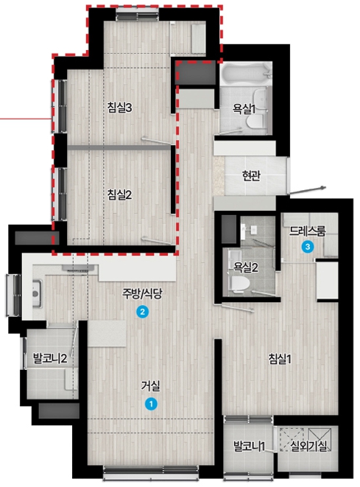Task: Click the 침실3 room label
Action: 119,108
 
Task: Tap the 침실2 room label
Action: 119,195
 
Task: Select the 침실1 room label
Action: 280,359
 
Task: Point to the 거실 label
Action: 150,386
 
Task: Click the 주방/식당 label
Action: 142,293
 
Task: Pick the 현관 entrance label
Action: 251,176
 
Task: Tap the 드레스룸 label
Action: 308,231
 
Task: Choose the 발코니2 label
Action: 50,359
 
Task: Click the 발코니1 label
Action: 250,446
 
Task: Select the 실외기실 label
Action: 308,446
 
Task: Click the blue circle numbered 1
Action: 151,404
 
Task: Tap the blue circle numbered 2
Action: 142,312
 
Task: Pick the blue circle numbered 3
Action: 308,247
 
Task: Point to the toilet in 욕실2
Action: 239,283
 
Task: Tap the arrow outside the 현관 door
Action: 307,191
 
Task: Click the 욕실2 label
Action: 246,267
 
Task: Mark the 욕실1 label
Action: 244,109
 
